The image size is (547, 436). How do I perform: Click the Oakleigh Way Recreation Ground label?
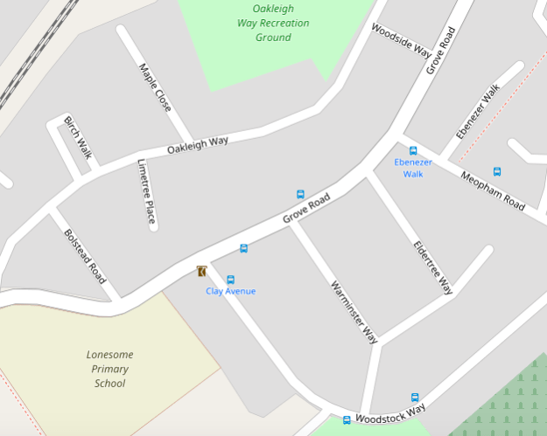coord(273,23)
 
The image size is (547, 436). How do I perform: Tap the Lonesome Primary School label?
coord(109,369)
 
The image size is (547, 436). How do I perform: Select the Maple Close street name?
coord(154,88)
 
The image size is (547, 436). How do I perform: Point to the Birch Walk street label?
coord(78,136)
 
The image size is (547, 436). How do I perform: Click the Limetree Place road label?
coord(146,191)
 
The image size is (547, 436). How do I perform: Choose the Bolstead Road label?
coord(85,256)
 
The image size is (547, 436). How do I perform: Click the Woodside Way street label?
coord(401,39)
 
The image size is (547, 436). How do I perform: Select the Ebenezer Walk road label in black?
coord(477,112)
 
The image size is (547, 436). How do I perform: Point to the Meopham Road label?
coord(492,190)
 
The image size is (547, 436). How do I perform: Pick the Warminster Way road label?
coord(354,311)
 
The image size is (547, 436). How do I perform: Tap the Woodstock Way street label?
coord(390,412)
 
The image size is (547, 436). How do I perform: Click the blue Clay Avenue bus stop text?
coord(231,291)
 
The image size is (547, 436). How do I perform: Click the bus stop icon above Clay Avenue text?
coord(231,280)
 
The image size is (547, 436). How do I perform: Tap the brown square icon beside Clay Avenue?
coord(202,271)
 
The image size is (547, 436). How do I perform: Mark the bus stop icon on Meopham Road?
coord(497,171)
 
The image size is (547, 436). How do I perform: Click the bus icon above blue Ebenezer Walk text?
coord(413,151)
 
